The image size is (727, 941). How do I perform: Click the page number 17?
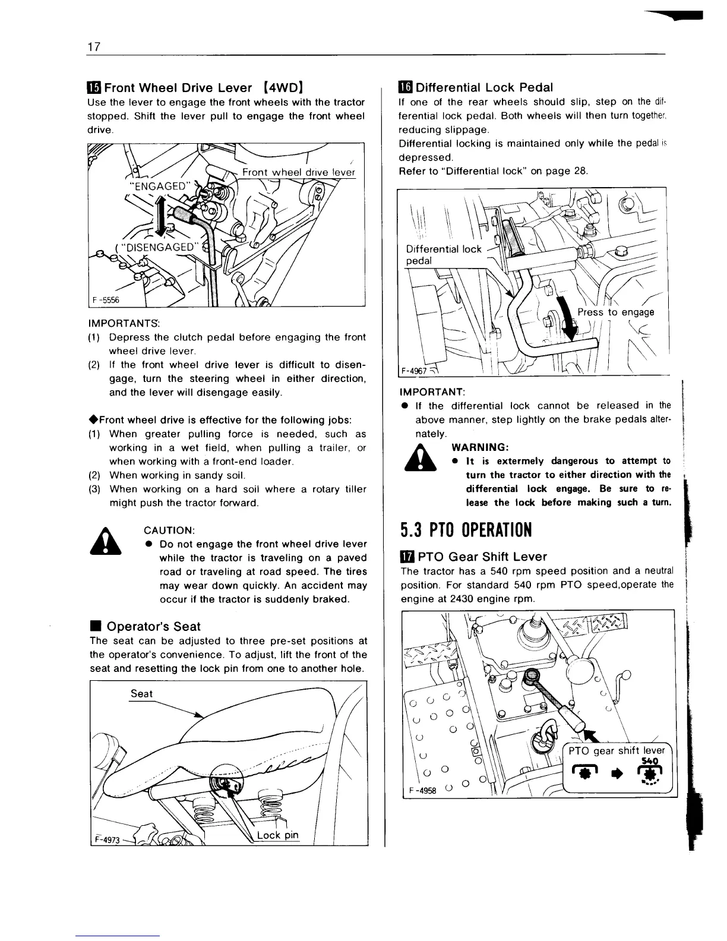coord(93,47)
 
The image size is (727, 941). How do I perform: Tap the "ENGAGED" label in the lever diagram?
coord(160,186)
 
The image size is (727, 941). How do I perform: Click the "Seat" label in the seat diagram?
coord(141,693)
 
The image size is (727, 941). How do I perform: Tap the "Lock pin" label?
coord(277,836)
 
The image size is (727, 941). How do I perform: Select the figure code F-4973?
coord(107,840)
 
